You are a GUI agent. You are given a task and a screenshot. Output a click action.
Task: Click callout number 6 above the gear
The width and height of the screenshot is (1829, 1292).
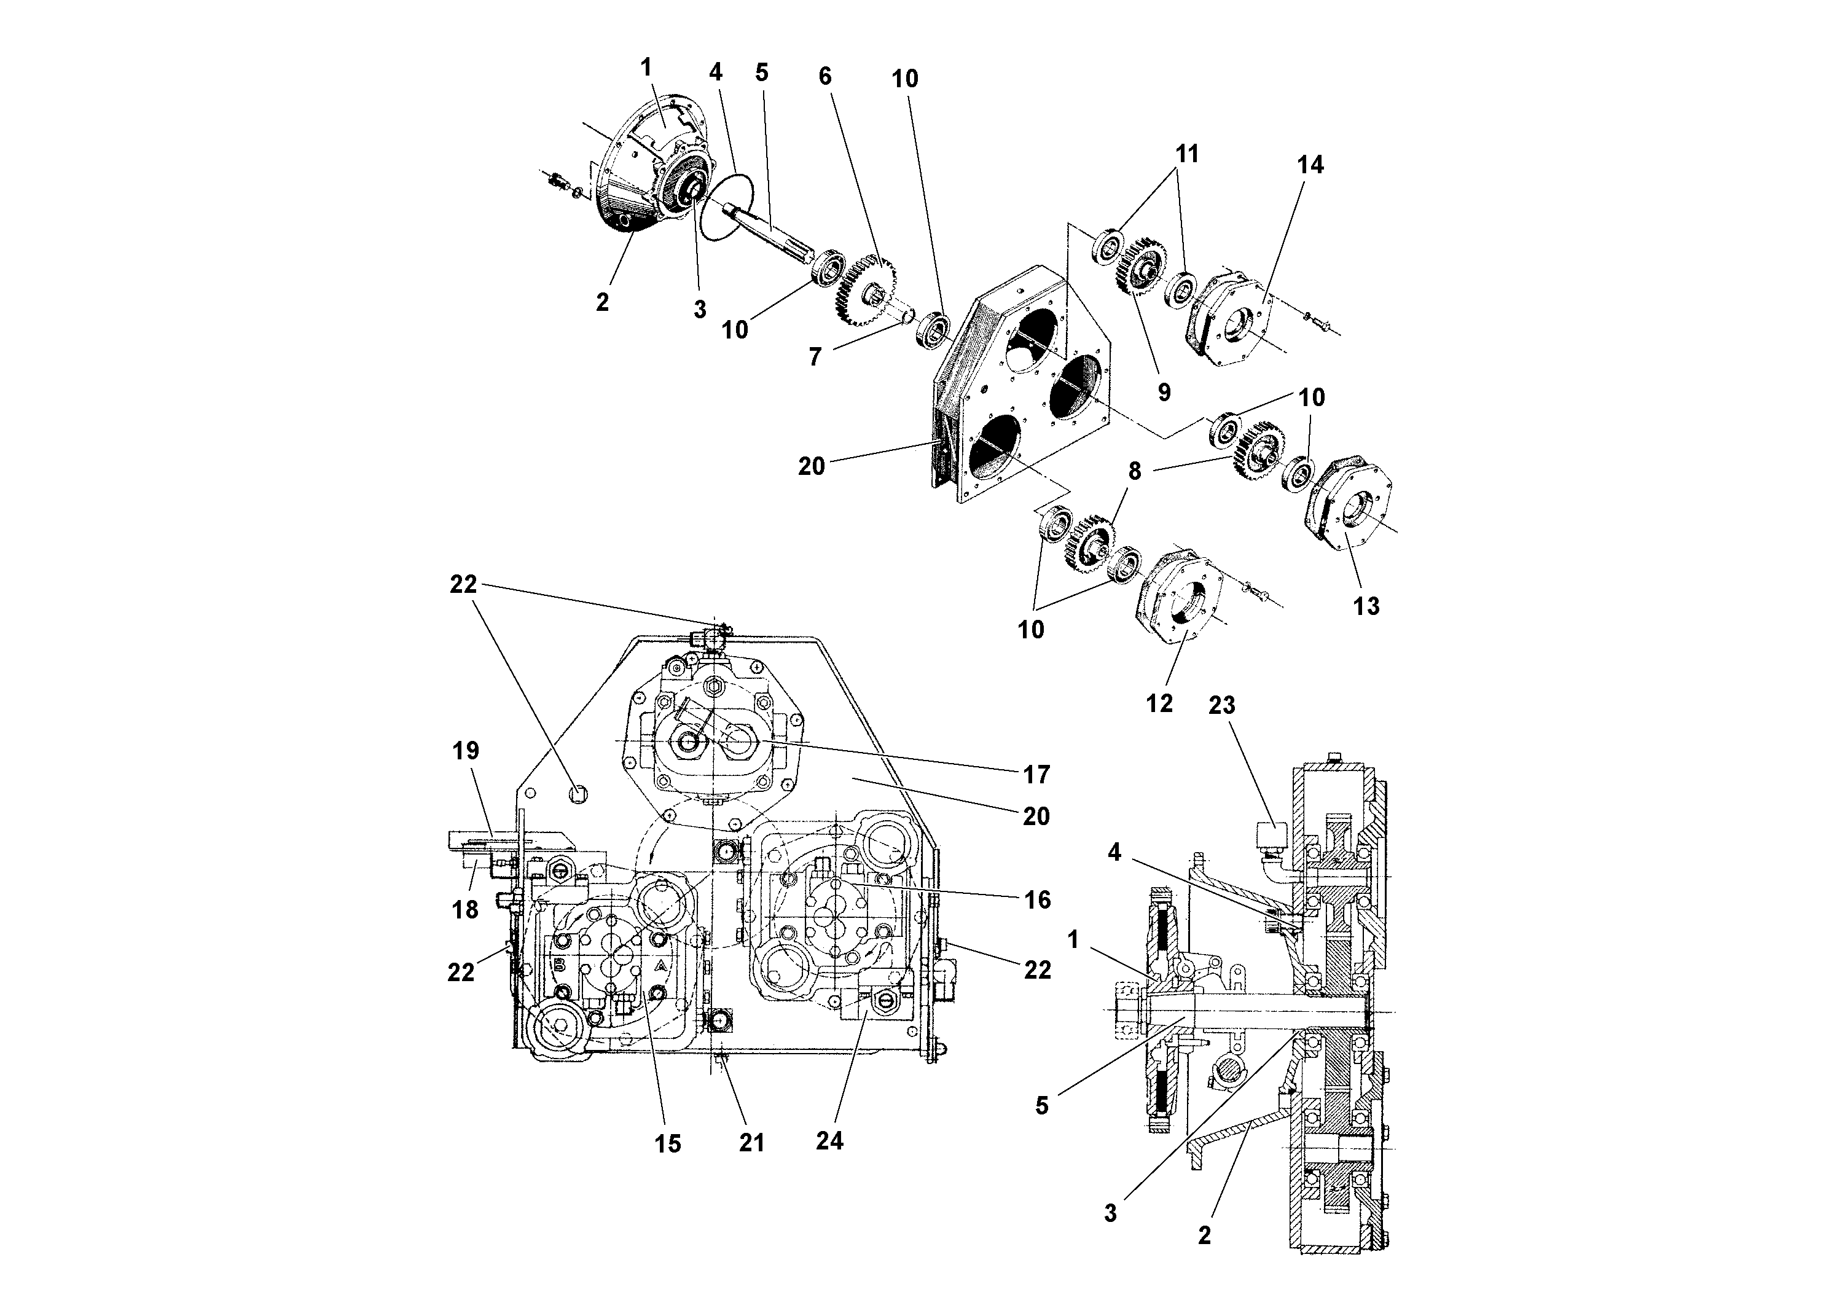click(x=824, y=76)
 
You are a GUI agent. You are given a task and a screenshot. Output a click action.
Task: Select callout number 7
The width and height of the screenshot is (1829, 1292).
click(x=814, y=357)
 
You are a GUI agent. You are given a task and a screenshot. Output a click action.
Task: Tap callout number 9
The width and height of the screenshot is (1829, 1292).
click(x=1164, y=391)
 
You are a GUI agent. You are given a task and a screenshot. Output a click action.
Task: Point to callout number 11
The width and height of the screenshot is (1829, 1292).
click(x=1187, y=154)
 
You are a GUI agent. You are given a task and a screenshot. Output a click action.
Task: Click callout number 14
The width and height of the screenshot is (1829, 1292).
click(x=1310, y=165)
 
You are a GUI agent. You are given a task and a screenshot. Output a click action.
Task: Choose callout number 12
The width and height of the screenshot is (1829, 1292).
click(x=1159, y=703)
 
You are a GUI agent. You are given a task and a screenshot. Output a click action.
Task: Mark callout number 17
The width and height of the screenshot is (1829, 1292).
click(x=1036, y=773)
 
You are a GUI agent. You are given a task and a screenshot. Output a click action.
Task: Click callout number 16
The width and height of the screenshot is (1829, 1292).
click(x=1036, y=899)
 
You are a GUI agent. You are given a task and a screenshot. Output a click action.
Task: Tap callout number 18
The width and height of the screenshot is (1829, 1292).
click(x=464, y=909)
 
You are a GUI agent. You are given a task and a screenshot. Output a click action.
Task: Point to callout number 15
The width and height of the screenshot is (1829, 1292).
click(x=668, y=1143)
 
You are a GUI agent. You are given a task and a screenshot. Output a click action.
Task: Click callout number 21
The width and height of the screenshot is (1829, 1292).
click(x=751, y=1142)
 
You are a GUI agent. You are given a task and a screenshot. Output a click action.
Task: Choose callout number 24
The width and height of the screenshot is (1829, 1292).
click(x=829, y=1141)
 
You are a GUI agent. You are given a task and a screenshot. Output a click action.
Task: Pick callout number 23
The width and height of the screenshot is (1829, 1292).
click(x=1221, y=705)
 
